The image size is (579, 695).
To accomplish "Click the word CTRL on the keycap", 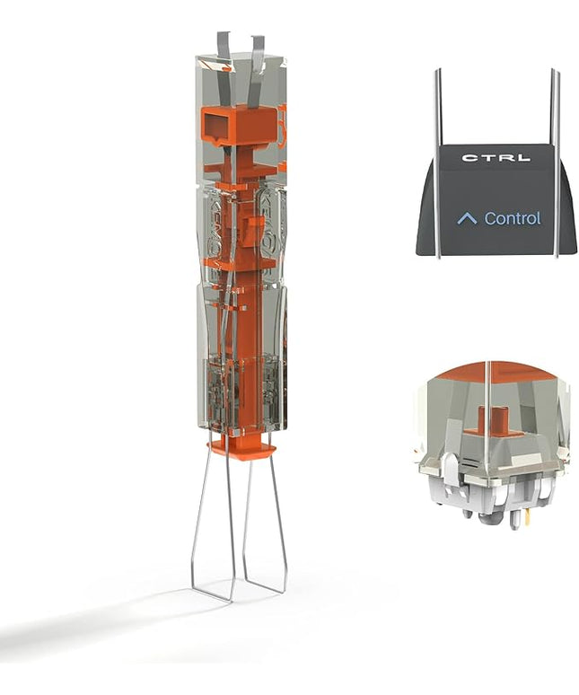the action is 496,158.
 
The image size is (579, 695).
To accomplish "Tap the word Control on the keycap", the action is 513,218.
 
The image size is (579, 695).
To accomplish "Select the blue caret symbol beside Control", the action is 467,218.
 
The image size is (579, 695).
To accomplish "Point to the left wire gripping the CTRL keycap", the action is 437,164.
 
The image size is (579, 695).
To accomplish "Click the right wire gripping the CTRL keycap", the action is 554,164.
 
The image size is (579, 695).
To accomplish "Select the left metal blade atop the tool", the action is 224,71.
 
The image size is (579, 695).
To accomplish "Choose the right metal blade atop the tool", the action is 257,73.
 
